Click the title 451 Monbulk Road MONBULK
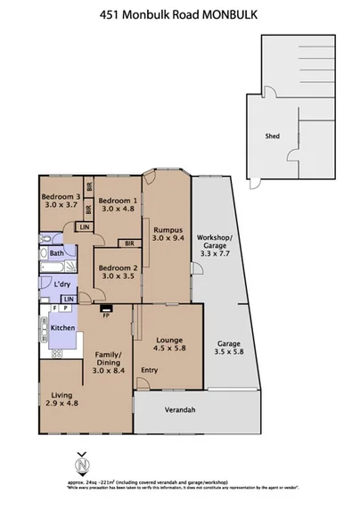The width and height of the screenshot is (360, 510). [x=179, y=12]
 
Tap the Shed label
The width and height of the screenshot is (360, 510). [x=274, y=136]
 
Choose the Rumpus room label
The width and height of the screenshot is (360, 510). [x=168, y=228]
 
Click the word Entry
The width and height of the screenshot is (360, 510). [x=149, y=370]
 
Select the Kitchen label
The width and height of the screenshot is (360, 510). [x=61, y=328]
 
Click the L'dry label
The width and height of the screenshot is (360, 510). [x=62, y=284]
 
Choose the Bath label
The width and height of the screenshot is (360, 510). [x=57, y=253]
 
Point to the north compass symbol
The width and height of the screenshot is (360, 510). [x=82, y=464]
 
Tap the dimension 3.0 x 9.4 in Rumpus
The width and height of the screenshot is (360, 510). [x=168, y=238]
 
